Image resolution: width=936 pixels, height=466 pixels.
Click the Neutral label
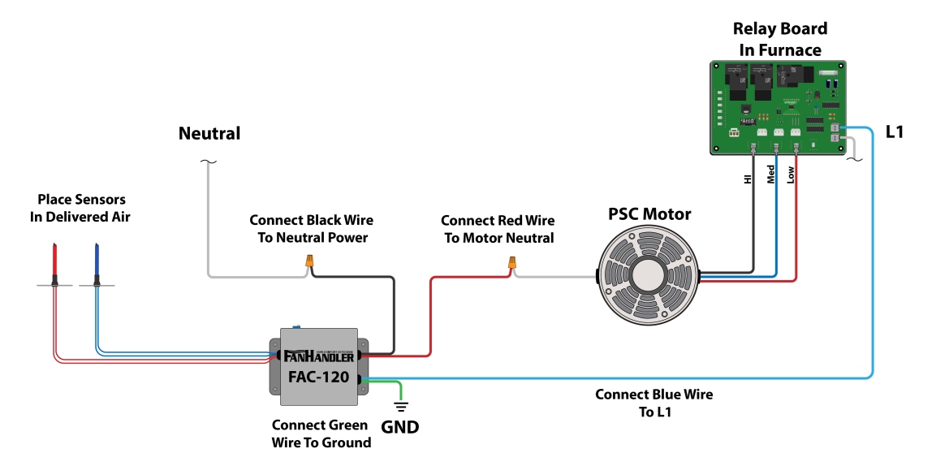tap(209, 134)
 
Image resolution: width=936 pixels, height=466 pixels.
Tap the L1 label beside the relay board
tap(894, 131)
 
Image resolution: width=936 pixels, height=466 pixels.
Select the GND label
tap(400, 426)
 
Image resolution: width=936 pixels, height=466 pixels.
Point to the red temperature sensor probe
tap(55, 261)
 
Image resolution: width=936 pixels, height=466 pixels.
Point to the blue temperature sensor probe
tap(96, 261)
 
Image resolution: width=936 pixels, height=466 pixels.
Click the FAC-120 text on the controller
tap(319, 377)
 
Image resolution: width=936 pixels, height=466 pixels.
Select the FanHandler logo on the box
tap(319, 356)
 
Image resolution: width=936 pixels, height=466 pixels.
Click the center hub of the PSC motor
tap(646, 277)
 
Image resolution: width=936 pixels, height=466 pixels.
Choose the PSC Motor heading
tap(649, 214)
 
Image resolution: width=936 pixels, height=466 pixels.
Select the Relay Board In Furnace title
tap(780, 39)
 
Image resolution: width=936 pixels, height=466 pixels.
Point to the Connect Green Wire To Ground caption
tap(321, 434)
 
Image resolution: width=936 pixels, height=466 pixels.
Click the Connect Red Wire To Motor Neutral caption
tap(497, 229)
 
